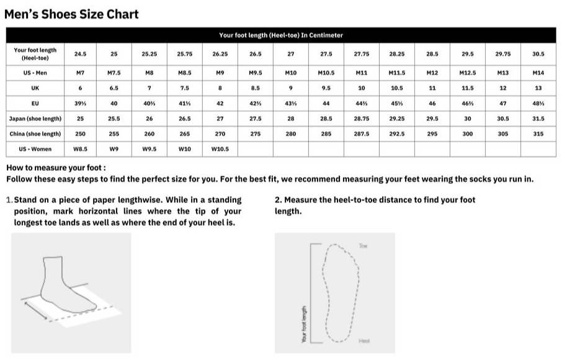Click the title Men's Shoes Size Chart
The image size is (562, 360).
(x=71, y=14)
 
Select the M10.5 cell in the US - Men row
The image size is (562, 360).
(x=326, y=73)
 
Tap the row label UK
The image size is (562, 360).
(x=35, y=88)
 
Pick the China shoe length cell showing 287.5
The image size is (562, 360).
(x=362, y=133)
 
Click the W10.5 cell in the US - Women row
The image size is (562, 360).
(x=220, y=149)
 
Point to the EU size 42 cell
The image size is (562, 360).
(x=220, y=103)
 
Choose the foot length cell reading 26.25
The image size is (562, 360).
(x=220, y=54)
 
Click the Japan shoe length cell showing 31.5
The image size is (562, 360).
(x=538, y=119)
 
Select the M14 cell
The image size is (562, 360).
(x=538, y=73)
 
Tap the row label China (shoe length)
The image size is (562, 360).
(x=35, y=133)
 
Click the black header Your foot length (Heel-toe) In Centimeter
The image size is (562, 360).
(x=281, y=35)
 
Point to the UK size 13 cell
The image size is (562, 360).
(x=538, y=88)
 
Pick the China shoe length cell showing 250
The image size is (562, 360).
(x=80, y=133)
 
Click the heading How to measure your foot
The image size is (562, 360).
(x=56, y=168)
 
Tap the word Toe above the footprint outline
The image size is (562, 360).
(x=364, y=246)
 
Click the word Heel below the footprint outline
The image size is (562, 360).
(x=364, y=341)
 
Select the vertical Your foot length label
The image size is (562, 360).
(x=303, y=323)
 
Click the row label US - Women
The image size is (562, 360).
(x=35, y=149)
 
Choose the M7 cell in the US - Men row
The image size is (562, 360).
(x=80, y=73)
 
